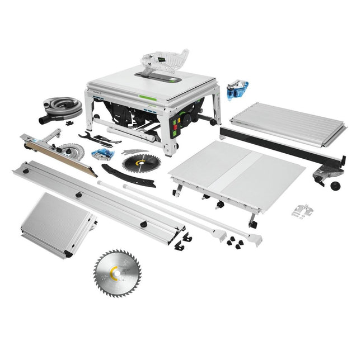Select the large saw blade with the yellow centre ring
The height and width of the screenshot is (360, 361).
[x=117, y=273]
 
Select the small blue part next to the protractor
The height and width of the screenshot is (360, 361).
[x=104, y=155]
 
